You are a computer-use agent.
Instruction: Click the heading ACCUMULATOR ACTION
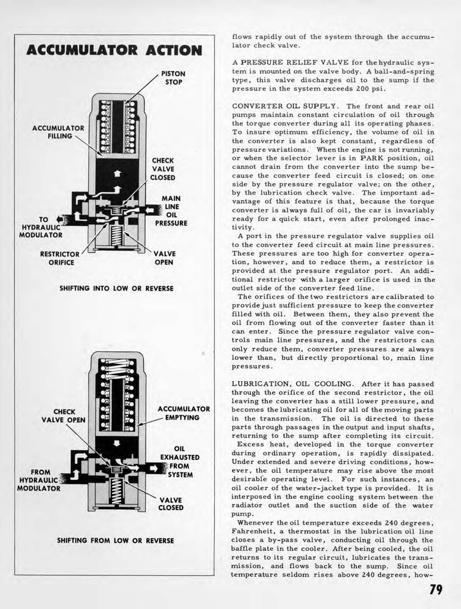[114, 50]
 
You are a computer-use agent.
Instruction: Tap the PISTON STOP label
[173, 78]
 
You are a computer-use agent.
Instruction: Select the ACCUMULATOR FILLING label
[58, 132]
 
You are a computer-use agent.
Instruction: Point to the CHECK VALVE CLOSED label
[162, 169]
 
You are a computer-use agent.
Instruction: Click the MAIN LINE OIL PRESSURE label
[171, 211]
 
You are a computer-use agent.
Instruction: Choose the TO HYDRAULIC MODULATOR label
[41, 227]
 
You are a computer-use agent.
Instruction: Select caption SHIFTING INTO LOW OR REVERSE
[117, 288]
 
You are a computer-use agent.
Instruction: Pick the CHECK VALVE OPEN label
[64, 416]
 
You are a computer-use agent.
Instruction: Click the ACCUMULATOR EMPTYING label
[183, 413]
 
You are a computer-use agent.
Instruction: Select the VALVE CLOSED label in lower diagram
[170, 504]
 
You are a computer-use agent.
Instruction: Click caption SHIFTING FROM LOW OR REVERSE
[115, 541]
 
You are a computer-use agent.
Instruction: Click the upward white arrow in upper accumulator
[117, 173]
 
